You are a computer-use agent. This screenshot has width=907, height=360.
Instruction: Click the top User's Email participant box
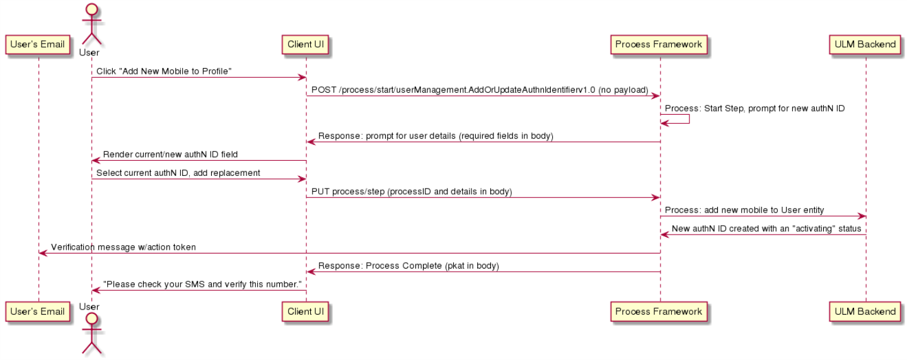click(x=38, y=45)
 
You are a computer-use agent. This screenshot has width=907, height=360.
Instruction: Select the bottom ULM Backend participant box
click(x=865, y=312)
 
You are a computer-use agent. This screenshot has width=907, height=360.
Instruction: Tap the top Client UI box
click(x=305, y=45)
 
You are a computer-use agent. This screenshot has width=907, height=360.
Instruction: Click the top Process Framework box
click(x=659, y=45)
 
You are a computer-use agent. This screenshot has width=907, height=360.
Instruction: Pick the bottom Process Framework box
click(x=659, y=312)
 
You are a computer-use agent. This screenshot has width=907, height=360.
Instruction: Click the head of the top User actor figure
click(x=92, y=9)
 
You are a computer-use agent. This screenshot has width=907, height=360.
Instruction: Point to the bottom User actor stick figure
click(x=92, y=335)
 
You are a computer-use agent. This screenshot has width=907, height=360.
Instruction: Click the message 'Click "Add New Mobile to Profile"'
click(x=164, y=71)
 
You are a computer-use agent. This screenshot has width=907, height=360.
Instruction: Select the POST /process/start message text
click(x=480, y=90)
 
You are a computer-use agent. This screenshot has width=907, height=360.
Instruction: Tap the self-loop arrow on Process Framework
click(x=689, y=119)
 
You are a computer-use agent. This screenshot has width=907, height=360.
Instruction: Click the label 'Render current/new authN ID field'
click(x=170, y=154)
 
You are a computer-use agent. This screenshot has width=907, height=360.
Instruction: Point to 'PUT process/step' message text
click(x=412, y=192)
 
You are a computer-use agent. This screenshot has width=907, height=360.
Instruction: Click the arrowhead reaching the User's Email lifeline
click(x=42, y=253)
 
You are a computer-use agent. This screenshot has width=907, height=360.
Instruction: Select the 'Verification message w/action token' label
click(x=123, y=247)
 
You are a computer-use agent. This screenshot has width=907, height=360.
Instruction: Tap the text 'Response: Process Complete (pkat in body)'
click(x=408, y=265)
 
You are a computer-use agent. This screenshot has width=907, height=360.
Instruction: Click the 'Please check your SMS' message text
click(x=202, y=284)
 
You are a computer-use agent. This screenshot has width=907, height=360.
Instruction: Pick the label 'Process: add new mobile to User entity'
click(x=744, y=210)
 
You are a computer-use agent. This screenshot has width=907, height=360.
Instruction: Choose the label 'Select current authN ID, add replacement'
click(x=178, y=173)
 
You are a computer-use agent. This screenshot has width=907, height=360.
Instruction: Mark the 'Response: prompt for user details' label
click(x=436, y=136)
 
